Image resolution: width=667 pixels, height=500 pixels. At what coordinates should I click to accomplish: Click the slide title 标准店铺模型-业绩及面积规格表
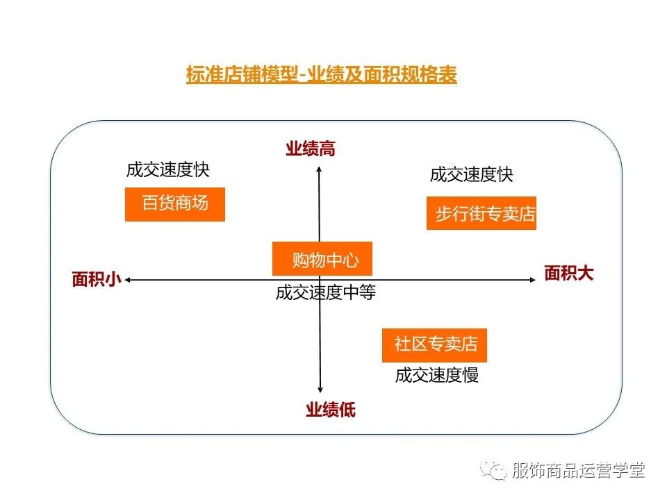321,74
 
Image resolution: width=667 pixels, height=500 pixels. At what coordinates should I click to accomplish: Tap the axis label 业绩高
310,149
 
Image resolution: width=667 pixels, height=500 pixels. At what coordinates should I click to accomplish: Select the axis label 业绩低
330,410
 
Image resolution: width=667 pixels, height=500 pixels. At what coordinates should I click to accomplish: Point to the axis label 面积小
97,279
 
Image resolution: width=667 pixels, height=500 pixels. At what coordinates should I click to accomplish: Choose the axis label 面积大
568,273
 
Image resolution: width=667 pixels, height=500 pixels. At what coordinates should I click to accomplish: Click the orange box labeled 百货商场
175,204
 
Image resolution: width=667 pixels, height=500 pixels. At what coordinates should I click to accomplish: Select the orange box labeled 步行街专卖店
481,213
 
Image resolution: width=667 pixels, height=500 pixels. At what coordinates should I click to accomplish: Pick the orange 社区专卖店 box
434,345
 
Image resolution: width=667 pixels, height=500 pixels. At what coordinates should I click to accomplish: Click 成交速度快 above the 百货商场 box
167,169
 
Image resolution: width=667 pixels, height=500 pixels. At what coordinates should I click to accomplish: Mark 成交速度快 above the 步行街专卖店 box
471,174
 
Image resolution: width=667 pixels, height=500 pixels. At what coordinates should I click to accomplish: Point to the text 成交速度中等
325,293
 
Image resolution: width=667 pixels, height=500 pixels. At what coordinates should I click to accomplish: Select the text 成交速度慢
436,376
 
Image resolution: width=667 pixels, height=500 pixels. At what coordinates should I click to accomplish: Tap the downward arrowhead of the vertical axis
320,392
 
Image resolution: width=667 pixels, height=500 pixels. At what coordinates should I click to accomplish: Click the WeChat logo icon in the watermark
496,471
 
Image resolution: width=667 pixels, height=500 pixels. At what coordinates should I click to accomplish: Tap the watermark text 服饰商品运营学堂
578,470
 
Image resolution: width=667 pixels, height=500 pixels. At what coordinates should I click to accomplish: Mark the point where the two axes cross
320,280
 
